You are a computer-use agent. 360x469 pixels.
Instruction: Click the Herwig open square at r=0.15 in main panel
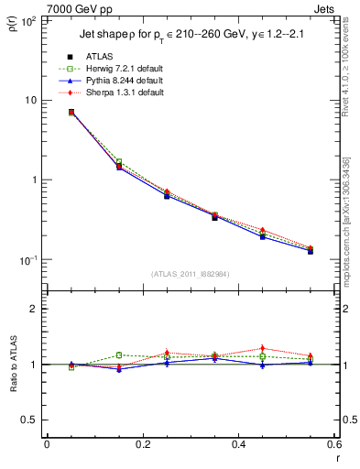tap(119, 162)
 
